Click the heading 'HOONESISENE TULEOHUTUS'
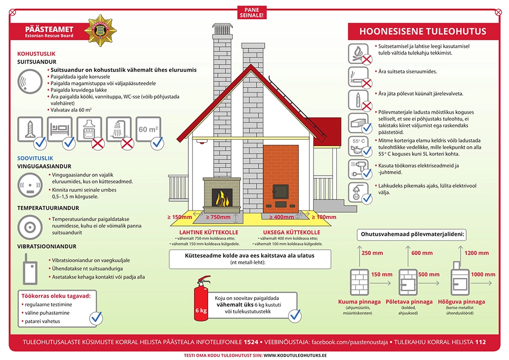422,31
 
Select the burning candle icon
358,99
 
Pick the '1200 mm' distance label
477,253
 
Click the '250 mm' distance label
372,253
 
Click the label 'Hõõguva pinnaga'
462,301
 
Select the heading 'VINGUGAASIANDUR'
44,166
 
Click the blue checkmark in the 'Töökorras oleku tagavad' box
96,317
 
